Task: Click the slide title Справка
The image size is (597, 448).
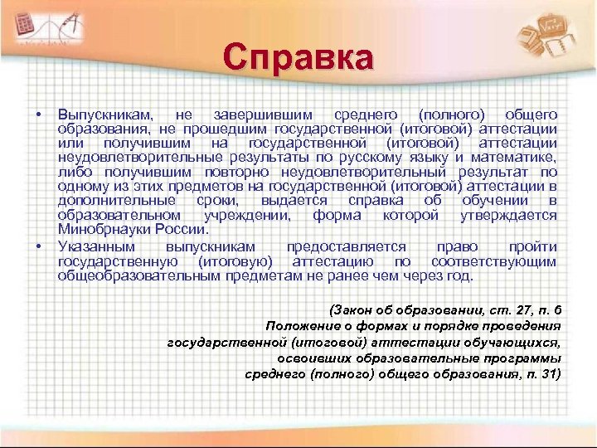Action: (298, 59)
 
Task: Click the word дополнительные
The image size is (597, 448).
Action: (116, 201)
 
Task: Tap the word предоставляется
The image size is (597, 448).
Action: (346, 247)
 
